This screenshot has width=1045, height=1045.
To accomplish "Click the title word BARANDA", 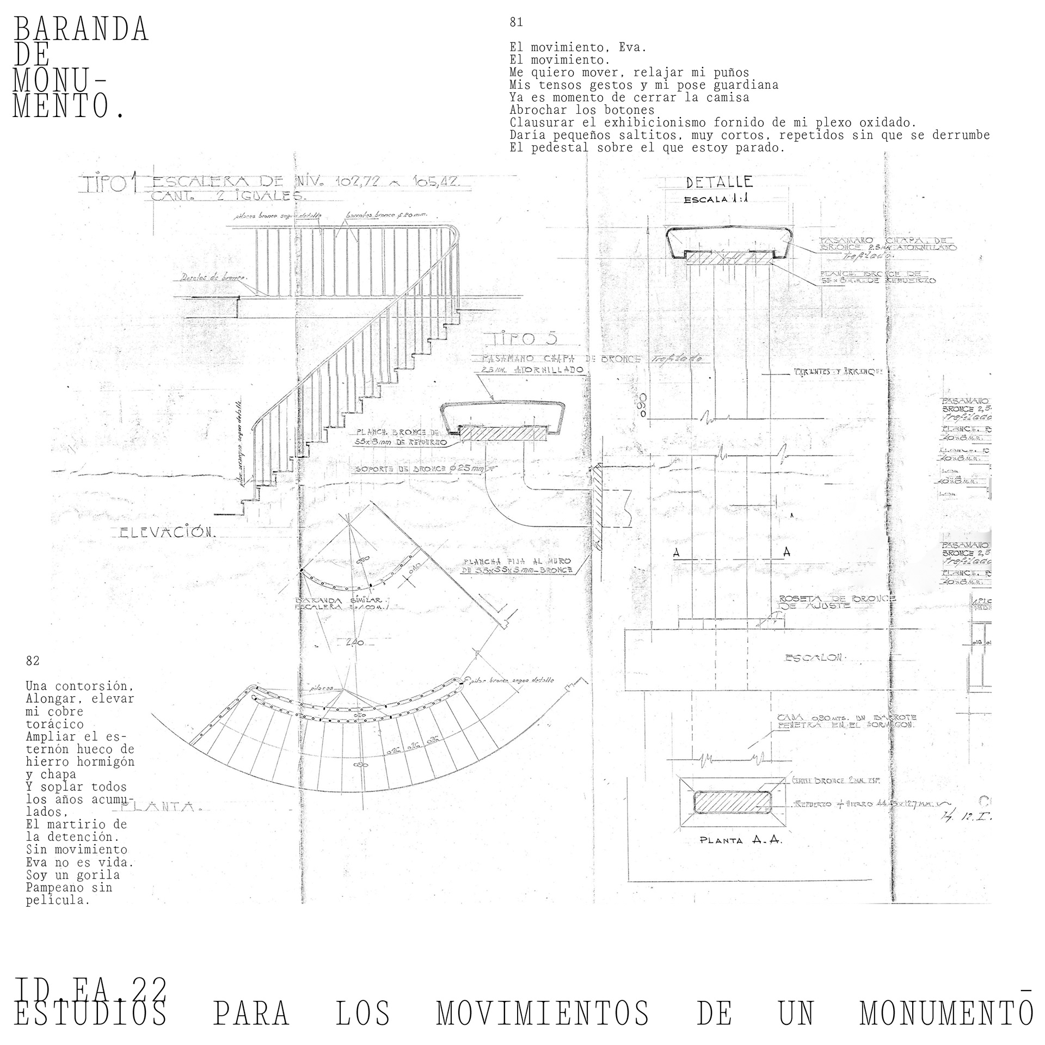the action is [81, 29].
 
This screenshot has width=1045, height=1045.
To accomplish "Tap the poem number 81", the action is [516, 22].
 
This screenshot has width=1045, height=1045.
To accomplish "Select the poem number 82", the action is [33, 661].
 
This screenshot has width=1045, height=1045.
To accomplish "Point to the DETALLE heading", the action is [719, 182].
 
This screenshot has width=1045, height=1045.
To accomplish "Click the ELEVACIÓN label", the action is [168, 532].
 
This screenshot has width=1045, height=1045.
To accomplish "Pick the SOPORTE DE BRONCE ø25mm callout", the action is [419, 469].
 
